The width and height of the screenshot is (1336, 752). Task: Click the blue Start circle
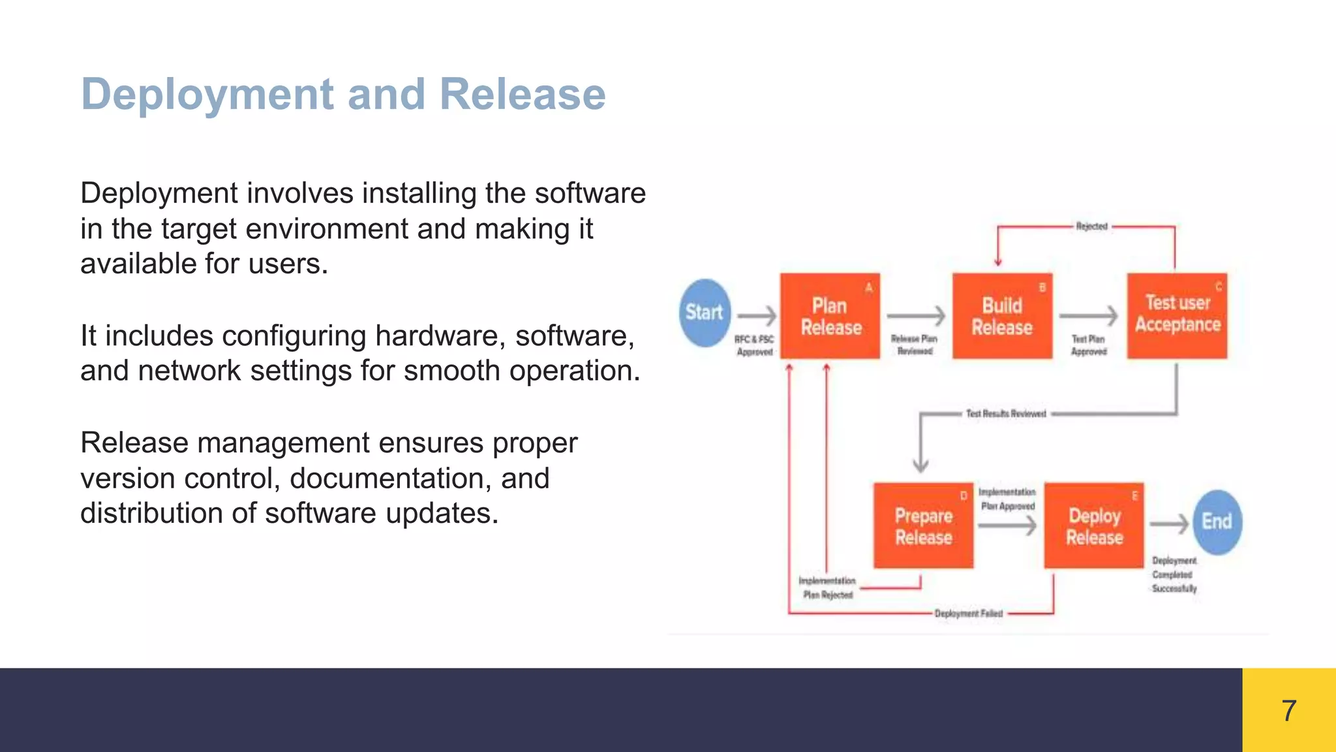(x=705, y=313)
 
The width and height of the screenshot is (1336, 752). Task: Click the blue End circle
(x=1217, y=522)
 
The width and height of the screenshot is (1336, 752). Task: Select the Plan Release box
(x=830, y=316)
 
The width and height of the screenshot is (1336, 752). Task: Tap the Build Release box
(x=1002, y=316)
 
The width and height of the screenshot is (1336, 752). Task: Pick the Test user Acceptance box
(x=1177, y=315)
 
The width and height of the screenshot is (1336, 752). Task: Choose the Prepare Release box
(x=923, y=526)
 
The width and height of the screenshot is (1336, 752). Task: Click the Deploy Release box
(x=1094, y=526)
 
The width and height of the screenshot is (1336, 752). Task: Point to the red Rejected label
(x=1091, y=227)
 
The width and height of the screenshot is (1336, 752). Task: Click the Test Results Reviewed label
(x=1005, y=414)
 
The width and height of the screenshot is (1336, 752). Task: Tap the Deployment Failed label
(x=968, y=614)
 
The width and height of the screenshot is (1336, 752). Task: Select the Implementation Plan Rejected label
(x=827, y=587)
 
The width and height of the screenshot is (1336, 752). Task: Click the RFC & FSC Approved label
(x=754, y=345)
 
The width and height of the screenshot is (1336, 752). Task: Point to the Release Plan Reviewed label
(x=914, y=345)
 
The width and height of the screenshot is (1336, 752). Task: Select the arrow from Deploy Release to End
(x=1168, y=524)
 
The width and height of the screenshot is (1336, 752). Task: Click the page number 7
(x=1288, y=710)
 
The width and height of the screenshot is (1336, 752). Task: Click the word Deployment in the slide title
(x=207, y=94)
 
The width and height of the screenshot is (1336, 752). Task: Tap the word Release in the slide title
(x=523, y=94)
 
